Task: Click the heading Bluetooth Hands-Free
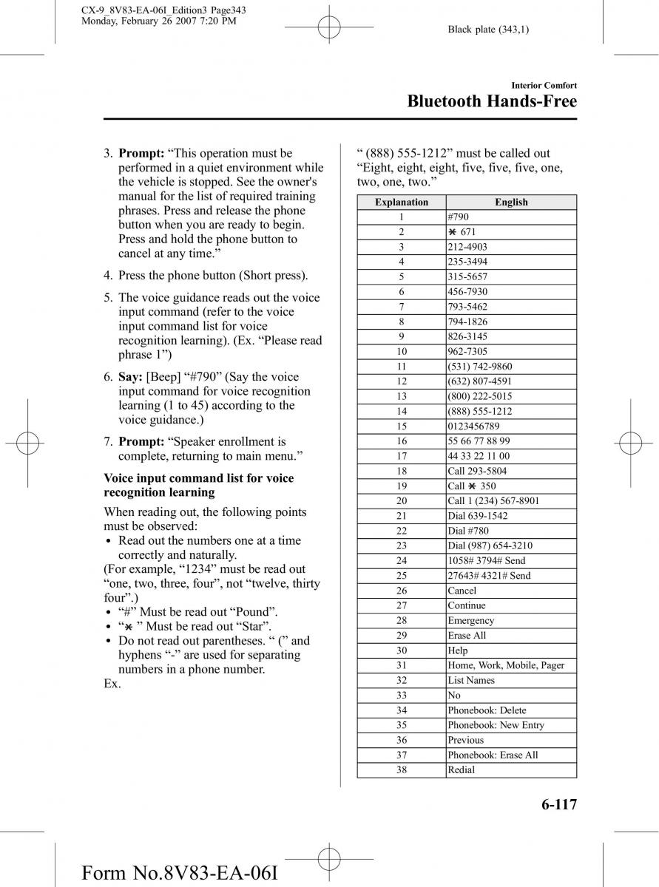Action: click(x=492, y=102)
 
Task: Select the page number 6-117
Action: click(x=552, y=805)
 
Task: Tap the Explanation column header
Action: click(x=402, y=202)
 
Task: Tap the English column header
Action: click(x=511, y=202)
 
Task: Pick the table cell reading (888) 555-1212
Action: click(x=480, y=411)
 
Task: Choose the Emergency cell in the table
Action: click(x=471, y=620)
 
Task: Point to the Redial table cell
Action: click(x=462, y=769)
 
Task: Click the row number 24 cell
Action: click(x=402, y=560)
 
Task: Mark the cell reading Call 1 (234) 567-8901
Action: click(x=493, y=500)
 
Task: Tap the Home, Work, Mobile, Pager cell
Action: click(x=506, y=665)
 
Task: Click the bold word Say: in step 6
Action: click(x=130, y=377)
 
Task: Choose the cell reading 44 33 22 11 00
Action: click(x=479, y=456)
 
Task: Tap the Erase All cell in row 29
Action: click(x=467, y=635)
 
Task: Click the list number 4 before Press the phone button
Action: click(x=108, y=276)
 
